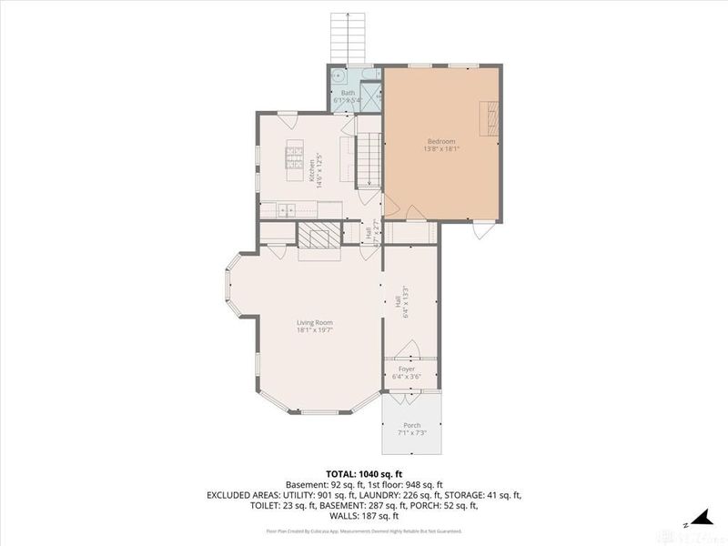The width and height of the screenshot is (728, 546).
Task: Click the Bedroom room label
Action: click(441, 141)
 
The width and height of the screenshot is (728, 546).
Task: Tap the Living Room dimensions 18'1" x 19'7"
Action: click(314, 330)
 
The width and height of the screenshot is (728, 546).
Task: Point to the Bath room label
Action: click(348, 93)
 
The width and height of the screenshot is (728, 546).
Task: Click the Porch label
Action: click(411, 425)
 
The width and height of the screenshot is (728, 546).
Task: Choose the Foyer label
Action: click(405, 369)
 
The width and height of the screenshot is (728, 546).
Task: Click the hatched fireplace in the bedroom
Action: click(490, 118)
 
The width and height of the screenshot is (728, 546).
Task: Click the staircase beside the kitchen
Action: click(368, 159)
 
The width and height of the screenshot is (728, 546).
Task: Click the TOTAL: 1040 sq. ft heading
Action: click(364, 473)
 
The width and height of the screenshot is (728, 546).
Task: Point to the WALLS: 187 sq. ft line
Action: click(364, 516)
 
